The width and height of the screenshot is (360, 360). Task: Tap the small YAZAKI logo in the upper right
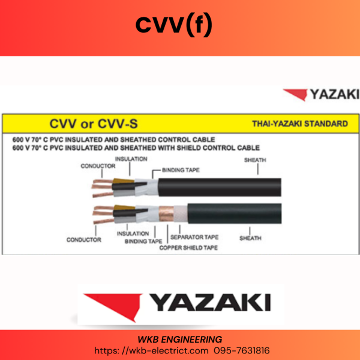coord(321,94)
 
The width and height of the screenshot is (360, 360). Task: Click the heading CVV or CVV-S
coord(94,124)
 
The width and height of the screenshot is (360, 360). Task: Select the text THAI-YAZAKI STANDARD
coord(300,124)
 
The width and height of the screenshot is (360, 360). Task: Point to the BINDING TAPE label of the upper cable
coord(181,170)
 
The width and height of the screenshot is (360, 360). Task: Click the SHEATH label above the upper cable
coord(255,160)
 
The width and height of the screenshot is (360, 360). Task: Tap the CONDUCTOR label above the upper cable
coord(98,166)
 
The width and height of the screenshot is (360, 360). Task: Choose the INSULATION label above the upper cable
coord(131,159)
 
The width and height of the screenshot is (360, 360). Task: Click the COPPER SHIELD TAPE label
coord(188,248)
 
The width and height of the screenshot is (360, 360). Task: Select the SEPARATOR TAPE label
coord(194,237)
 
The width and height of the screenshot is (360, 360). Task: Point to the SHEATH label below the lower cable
coord(250,238)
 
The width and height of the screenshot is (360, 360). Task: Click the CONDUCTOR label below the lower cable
coord(84,239)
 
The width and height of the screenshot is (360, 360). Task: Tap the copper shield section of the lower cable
coord(166,214)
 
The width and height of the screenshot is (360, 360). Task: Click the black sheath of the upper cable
coord(220,187)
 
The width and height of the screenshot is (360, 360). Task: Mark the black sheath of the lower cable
coord(235,214)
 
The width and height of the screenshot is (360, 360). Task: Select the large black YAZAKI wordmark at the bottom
coord(211,302)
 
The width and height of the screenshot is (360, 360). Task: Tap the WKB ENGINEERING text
coord(180,340)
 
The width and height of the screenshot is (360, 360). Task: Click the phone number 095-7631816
coord(242,350)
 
